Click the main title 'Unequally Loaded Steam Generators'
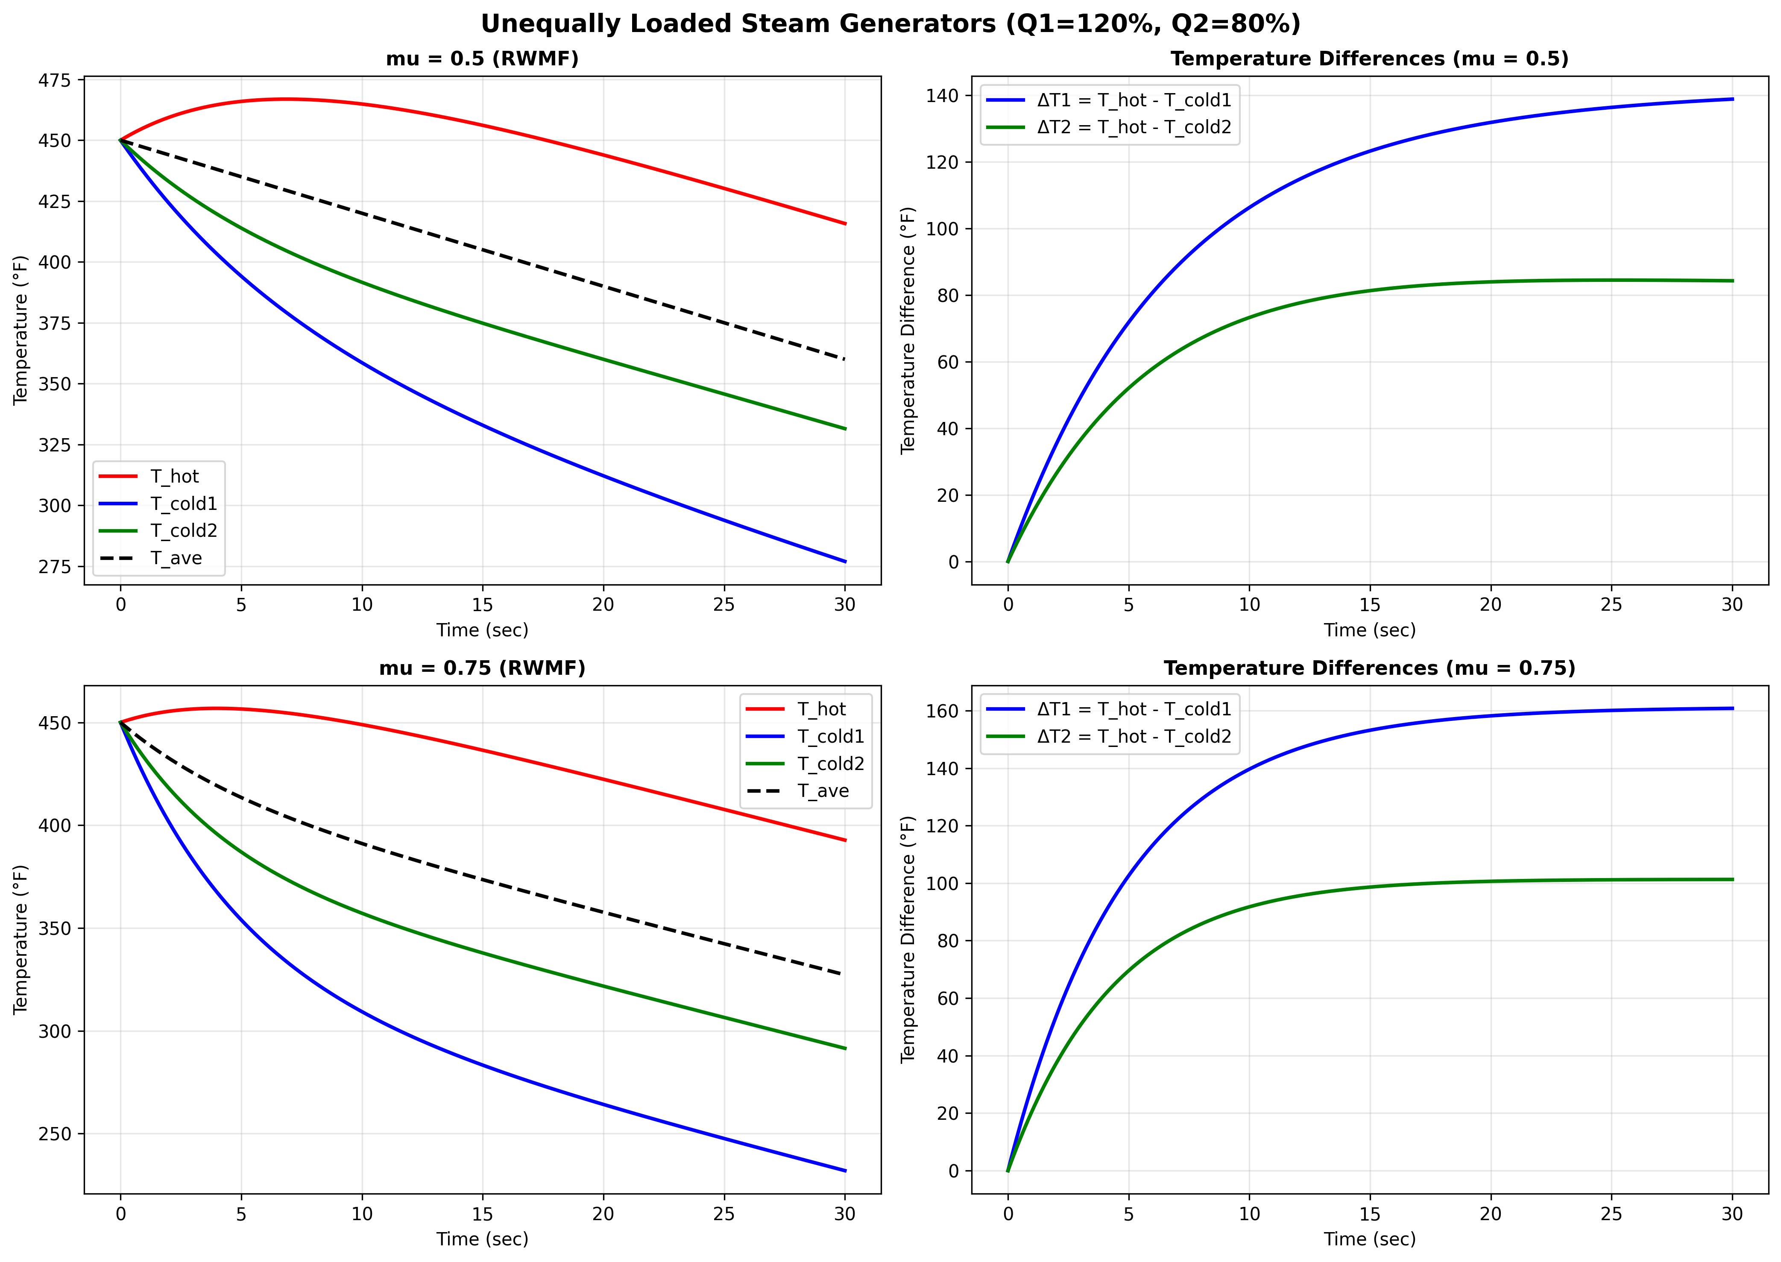coord(890,24)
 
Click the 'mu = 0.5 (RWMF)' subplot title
coord(482,59)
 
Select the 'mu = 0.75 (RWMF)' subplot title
coord(482,668)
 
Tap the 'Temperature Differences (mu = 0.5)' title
coord(1369,59)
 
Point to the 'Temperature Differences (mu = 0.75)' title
coord(1369,668)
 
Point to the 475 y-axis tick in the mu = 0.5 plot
coord(54,81)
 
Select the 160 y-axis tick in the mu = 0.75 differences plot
coord(942,711)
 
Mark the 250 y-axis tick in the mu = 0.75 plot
coord(54,1134)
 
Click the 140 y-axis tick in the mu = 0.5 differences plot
coord(942,96)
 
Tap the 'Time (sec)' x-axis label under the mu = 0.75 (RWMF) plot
coord(482,1239)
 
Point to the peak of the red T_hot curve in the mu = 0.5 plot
coord(287,99)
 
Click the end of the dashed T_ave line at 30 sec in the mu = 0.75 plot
coord(845,975)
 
